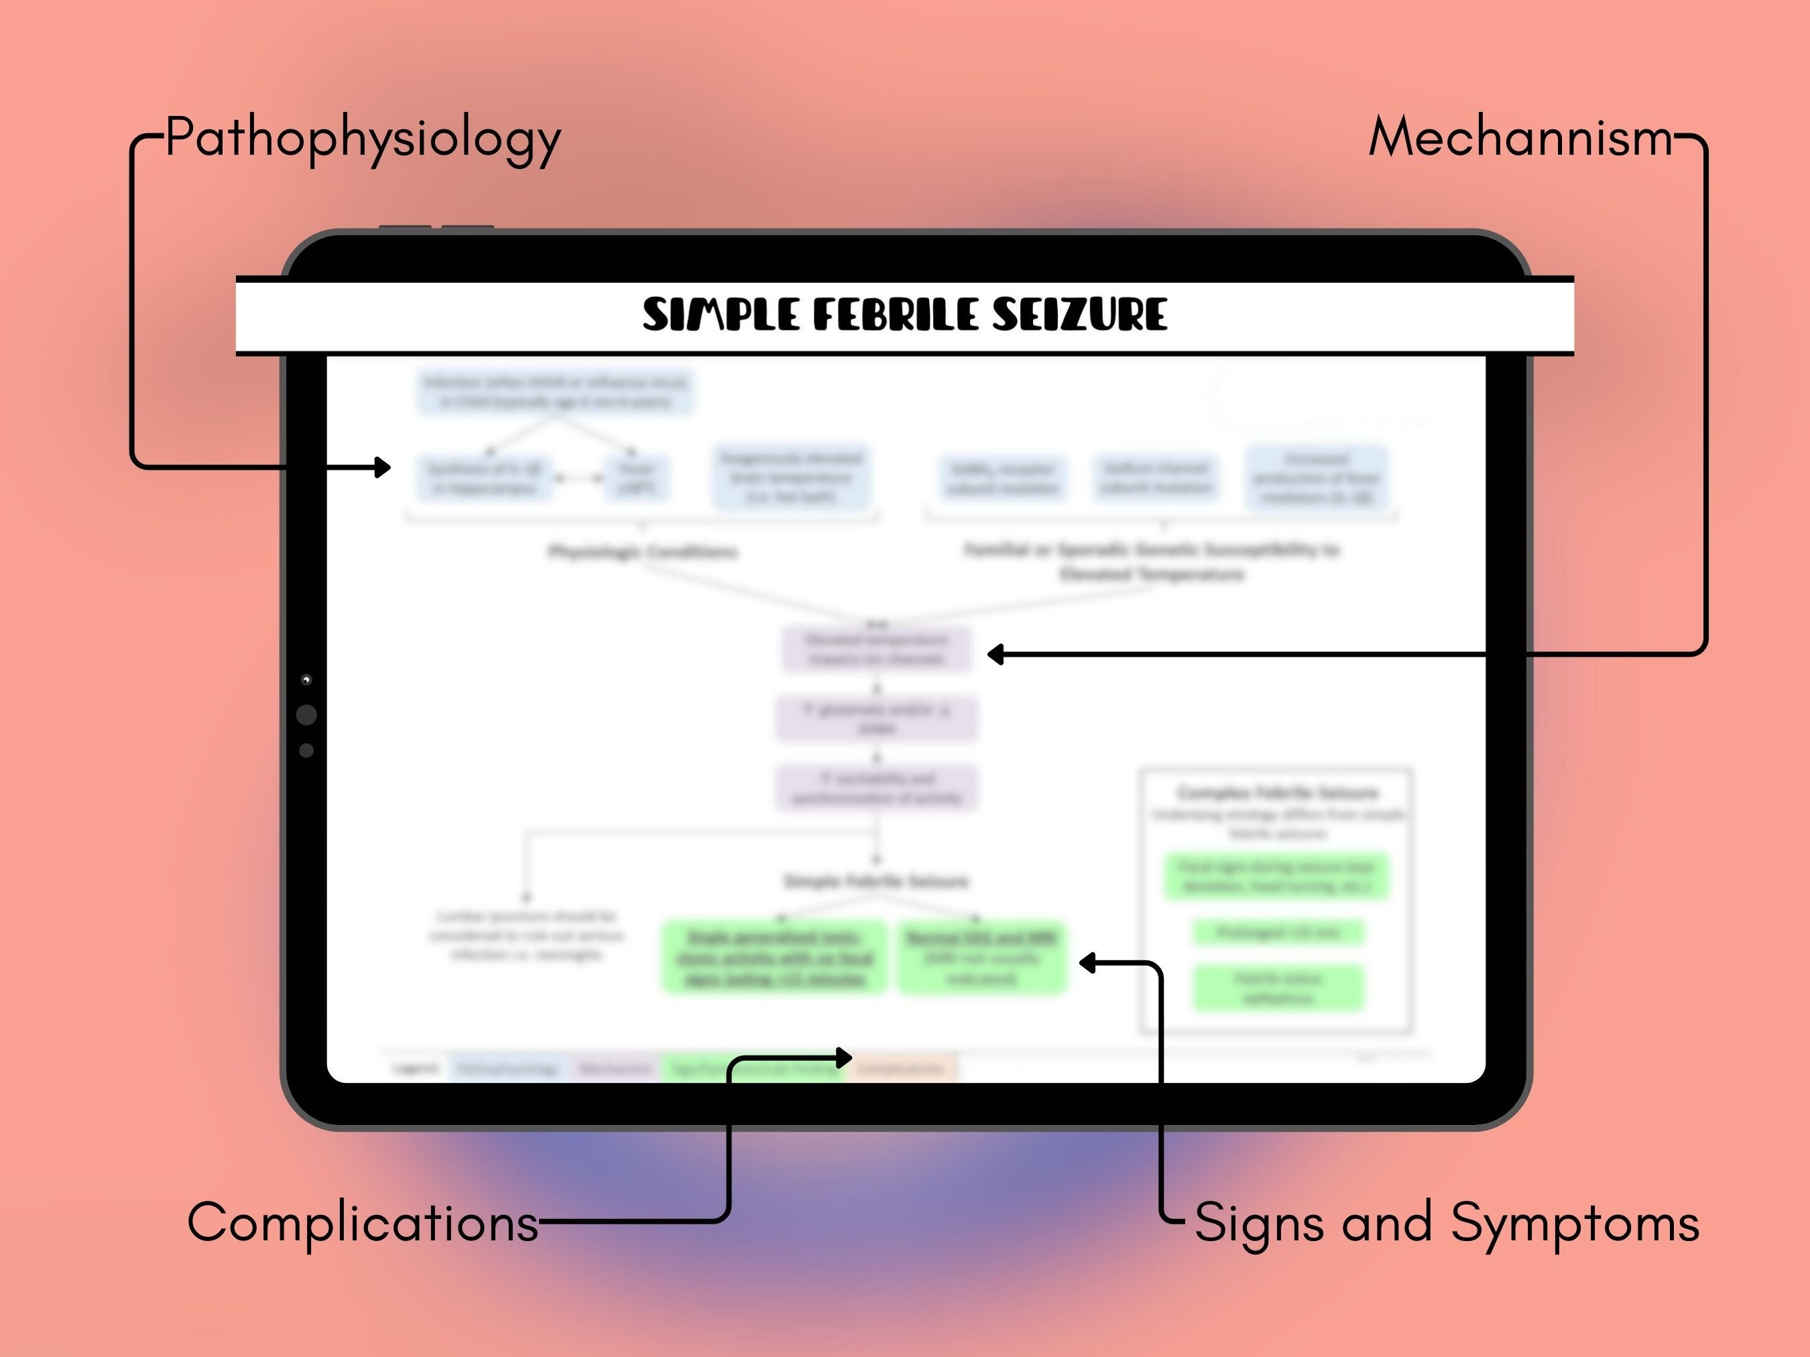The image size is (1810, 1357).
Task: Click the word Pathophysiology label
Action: point(363,137)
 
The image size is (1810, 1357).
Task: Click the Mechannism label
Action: point(1521,137)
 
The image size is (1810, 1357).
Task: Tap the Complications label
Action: point(363,1222)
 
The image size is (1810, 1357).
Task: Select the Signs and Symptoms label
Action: point(1447,1222)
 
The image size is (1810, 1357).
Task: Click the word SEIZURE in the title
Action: point(1079,315)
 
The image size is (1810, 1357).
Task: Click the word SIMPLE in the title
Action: point(721,315)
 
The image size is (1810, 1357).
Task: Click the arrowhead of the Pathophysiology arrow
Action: point(383,467)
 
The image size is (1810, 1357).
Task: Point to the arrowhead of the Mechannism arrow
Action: point(995,653)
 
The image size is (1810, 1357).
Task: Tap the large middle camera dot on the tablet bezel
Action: point(307,715)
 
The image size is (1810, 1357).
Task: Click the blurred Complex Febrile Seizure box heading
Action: point(1276,792)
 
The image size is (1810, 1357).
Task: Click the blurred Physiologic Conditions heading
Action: point(642,552)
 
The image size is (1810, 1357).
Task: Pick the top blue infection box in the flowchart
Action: point(555,392)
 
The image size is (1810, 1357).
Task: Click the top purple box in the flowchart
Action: point(876,649)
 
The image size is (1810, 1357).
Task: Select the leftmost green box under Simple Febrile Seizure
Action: point(773,957)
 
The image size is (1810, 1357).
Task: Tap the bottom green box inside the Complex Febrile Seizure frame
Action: point(1278,987)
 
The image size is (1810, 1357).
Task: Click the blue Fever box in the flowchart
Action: point(637,478)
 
